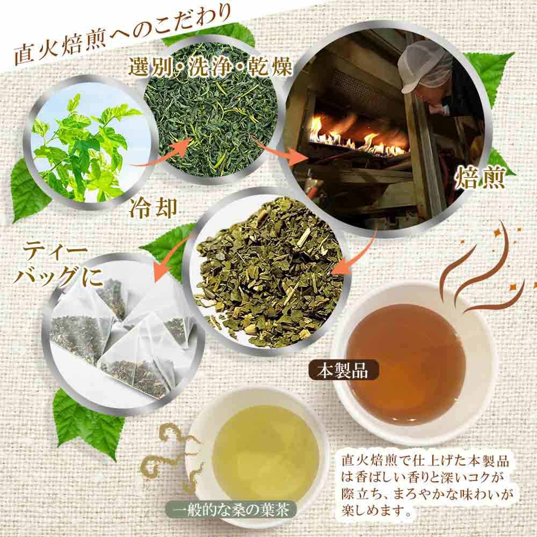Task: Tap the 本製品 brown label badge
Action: (x=343, y=371)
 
